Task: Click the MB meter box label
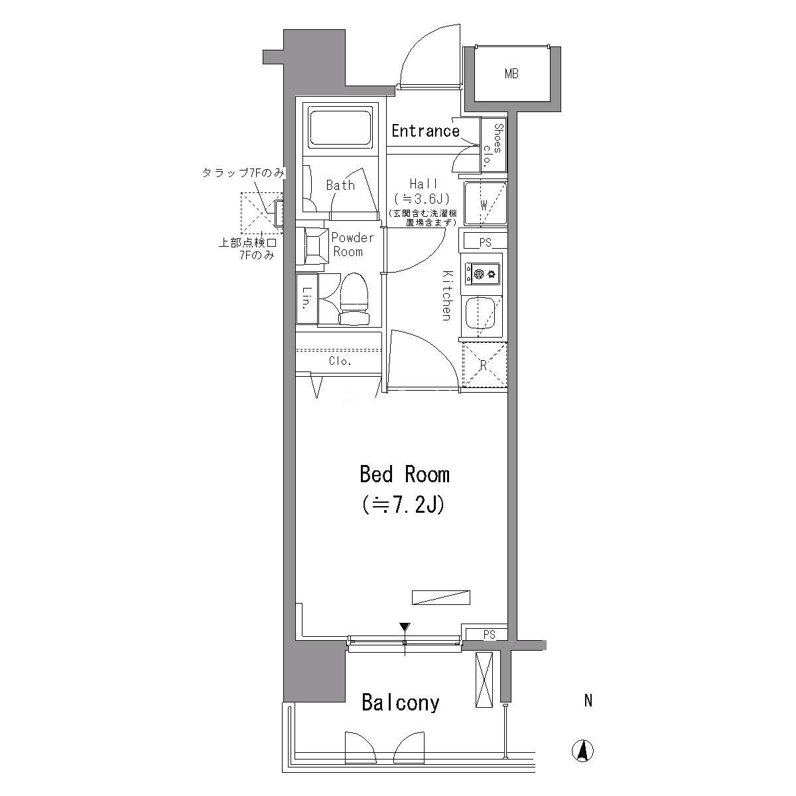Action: pos(511,74)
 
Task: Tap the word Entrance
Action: pos(425,131)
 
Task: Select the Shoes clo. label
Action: pos(494,144)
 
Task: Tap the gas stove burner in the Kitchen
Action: pos(482,274)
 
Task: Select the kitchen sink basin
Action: pos(482,315)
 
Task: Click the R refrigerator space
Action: pos(484,365)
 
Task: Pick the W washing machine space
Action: pos(485,204)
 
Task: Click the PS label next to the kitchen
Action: pos(486,243)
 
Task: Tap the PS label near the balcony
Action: pos(489,635)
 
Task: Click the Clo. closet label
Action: pos(340,361)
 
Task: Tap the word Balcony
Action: pos(400,702)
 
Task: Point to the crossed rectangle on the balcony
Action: pos(484,681)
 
